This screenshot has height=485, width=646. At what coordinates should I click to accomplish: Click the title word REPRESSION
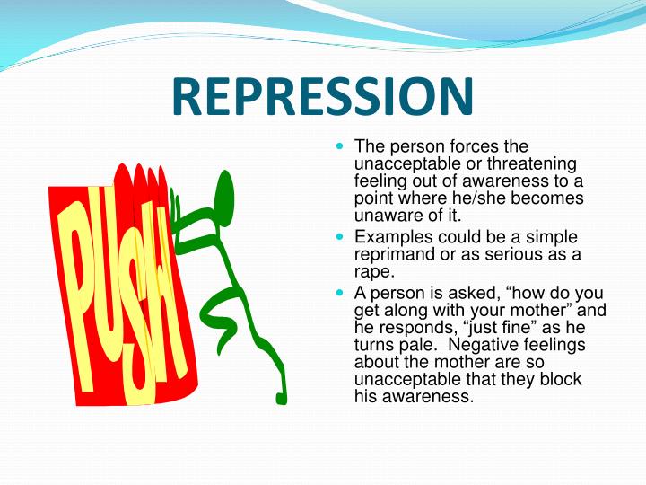[x=322, y=96]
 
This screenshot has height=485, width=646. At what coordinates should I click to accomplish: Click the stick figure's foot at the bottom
[x=281, y=397]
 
